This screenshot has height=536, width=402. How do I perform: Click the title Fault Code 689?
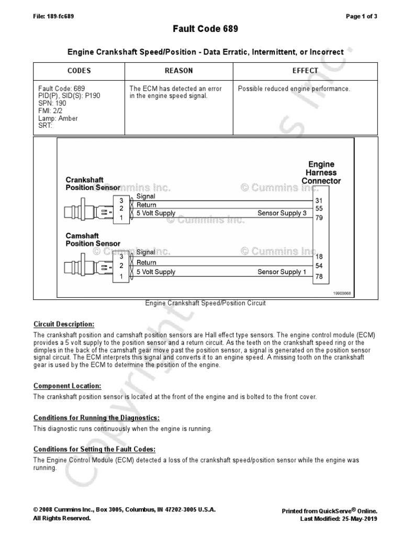pyautogui.click(x=205, y=29)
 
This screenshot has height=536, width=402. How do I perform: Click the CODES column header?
pyautogui.click(x=79, y=71)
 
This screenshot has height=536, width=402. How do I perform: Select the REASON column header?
pyautogui.click(x=178, y=71)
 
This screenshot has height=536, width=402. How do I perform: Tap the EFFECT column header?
pyautogui.click(x=305, y=71)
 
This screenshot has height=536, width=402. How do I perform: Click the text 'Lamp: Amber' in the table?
pyautogui.click(x=58, y=118)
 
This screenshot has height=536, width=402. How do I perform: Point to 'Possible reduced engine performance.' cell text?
pyautogui.click(x=294, y=89)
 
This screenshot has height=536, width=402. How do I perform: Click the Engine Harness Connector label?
pyautogui.click(x=321, y=173)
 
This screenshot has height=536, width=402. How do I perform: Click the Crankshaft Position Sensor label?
pyautogui.click(x=93, y=184)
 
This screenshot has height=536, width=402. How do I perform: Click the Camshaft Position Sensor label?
pyautogui.click(x=93, y=240)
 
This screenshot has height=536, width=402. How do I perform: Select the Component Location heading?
pyautogui.click(x=67, y=386)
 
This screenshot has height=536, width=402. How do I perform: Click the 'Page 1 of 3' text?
pyautogui.click(x=362, y=16)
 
